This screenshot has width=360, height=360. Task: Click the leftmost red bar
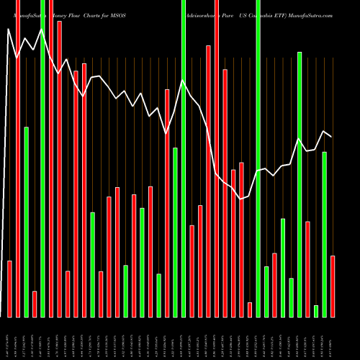[9, 288]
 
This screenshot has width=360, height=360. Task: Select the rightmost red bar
[333, 286]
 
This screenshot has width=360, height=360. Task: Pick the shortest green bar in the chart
[316, 311]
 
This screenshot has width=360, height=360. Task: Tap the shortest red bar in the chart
[250, 310]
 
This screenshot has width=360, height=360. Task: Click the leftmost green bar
[26, 222]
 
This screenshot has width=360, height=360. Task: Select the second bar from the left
[18, 158]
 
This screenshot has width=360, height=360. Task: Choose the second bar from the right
[325, 234]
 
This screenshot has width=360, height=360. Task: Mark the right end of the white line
[331, 136]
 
